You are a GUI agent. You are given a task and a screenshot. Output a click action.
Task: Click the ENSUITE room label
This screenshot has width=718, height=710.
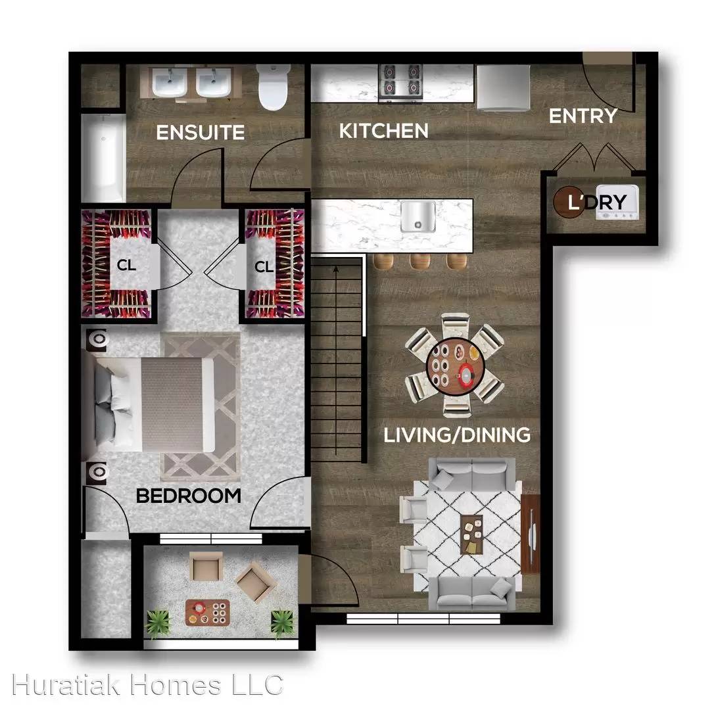(x=200, y=132)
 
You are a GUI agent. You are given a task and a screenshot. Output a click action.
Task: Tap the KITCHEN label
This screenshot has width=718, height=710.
(x=384, y=131)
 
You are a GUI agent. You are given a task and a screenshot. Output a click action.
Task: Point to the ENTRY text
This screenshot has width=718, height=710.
(x=583, y=116)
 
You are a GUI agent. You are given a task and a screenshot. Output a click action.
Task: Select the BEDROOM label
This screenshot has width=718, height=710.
(x=189, y=496)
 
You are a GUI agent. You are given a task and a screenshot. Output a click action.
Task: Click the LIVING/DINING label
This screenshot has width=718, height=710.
(x=457, y=435)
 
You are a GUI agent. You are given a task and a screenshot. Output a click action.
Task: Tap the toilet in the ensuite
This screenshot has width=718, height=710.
(x=273, y=87)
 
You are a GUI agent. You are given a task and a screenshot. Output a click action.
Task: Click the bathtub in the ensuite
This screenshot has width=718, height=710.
(x=103, y=158)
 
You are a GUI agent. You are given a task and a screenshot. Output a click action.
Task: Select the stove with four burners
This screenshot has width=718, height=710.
(x=400, y=83)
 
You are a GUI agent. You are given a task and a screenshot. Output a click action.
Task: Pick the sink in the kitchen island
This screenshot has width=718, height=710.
(x=418, y=216)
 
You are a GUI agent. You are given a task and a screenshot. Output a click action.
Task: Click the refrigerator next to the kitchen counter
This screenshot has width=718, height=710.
(x=503, y=87)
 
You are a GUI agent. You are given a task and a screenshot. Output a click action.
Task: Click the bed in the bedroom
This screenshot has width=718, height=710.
(x=155, y=405)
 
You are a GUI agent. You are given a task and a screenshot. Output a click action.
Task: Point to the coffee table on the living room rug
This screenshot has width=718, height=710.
(x=471, y=534)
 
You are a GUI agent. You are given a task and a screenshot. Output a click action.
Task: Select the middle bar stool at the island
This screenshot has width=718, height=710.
(x=419, y=262)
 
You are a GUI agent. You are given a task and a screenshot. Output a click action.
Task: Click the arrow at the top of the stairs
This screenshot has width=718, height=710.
(x=336, y=270)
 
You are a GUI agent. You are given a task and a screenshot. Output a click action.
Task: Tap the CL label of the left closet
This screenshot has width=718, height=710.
(x=126, y=265)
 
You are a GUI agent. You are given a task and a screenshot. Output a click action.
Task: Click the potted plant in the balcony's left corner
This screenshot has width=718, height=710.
(x=157, y=623)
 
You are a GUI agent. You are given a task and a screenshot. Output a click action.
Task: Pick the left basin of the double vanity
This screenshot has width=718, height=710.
(x=170, y=83)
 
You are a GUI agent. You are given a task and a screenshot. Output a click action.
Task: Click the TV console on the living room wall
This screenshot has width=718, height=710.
(x=531, y=534)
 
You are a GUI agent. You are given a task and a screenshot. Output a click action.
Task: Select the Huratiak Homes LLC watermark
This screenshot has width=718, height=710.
(x=147, y=685)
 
